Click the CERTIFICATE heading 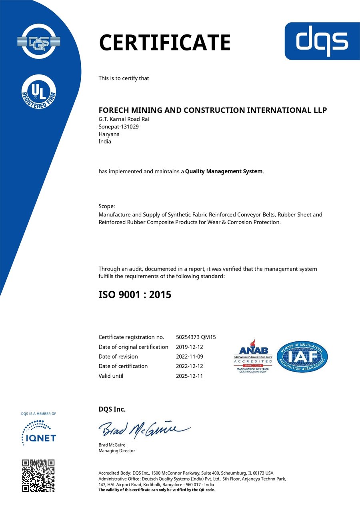click(x=164, y=43)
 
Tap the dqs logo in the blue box click(x=322, y=41)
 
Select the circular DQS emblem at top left click(x=38, y=41)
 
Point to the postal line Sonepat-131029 click(x=118, y=126)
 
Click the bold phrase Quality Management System click(x=224, y=171)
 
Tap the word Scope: click(x=107, y=206)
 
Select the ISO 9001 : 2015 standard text click(x=135, y=295)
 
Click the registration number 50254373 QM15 click(x=196, y=337)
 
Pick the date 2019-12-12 click(x=190, y=347)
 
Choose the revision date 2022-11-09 click(x=190, y=357)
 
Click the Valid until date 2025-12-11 click(x=190, y=376)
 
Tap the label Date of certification click(x=123, y=366)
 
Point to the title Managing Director click(x=117, y=451)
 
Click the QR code click(x=38, y=476)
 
